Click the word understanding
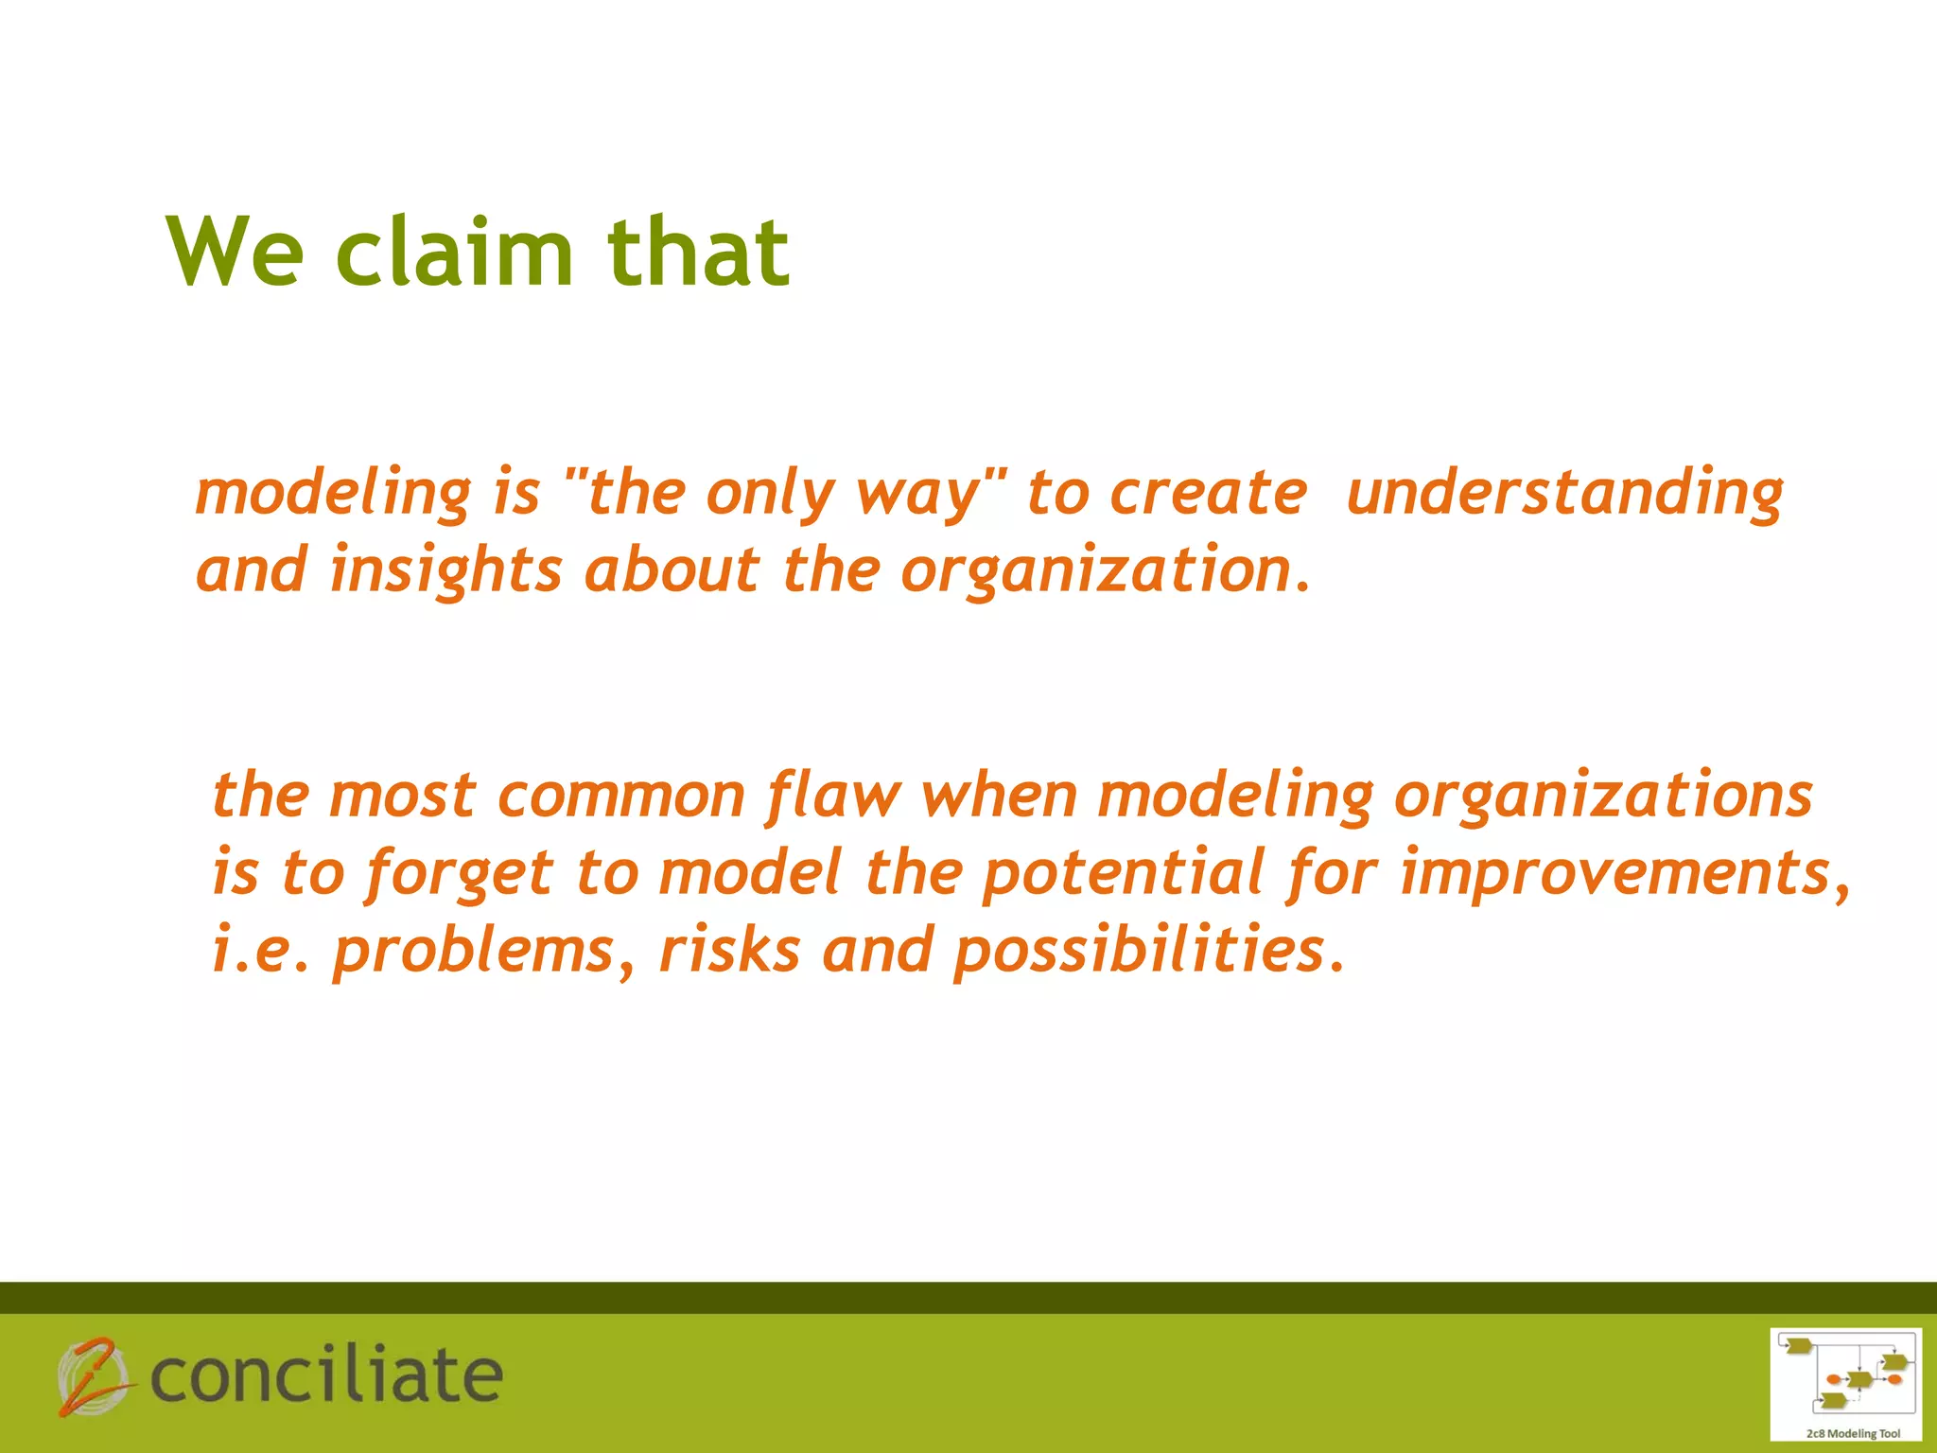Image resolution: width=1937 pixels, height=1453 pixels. (1564, 494)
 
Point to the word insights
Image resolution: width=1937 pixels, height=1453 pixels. (445, 572)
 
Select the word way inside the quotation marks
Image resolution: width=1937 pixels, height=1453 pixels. (918, 494)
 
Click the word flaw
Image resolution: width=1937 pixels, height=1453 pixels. (833, 796)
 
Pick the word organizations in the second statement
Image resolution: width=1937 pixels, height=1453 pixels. (1603, 796)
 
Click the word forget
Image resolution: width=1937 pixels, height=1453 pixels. (459, 873)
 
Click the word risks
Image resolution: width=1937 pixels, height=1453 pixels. (729, 950)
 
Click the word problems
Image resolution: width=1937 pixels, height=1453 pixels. (473, 950)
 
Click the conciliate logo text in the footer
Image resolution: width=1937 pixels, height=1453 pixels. (326, 1376)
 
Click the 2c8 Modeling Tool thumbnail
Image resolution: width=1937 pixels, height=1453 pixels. (1844, 1383)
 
